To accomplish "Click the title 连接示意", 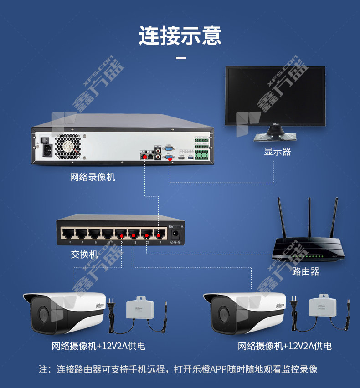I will tap(180, 36).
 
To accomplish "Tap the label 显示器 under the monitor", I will tap(277, 152).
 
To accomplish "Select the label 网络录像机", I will tap(93, 177).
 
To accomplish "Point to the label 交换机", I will tap(84, 254).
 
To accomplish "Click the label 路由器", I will tap(305, 271).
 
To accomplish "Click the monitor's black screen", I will tap(275, 95).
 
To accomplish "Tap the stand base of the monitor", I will tap(275, 137).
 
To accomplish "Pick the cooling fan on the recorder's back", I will tap(67, 146).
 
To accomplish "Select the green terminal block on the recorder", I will tap(201, 155).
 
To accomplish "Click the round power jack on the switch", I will tap(174, 235).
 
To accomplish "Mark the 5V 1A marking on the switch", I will tap(175, 226).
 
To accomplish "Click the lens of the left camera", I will tap(42, 314).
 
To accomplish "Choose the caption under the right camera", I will tap(284, 346).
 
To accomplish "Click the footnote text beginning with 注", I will tap(178, 369).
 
